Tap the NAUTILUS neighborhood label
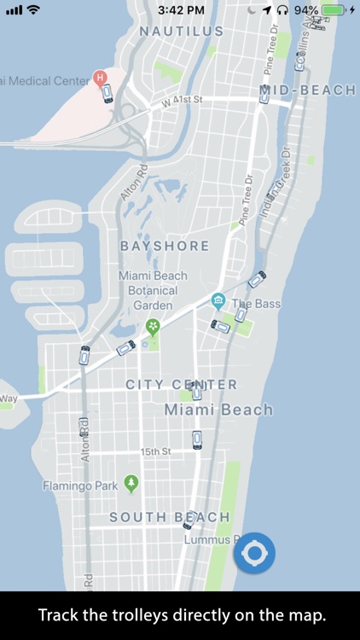181,31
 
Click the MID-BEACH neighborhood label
307,90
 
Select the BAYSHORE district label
165,246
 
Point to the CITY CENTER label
182,385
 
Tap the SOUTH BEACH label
170,517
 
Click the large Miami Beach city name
218,410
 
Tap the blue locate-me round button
254,554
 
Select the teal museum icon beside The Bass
218,301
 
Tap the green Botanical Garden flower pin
153,326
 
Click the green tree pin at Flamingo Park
131,484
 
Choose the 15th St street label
156,451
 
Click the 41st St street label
187,100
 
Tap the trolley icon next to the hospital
107,94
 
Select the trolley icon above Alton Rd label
84,356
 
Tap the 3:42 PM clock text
181,10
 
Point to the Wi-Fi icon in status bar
33,10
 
